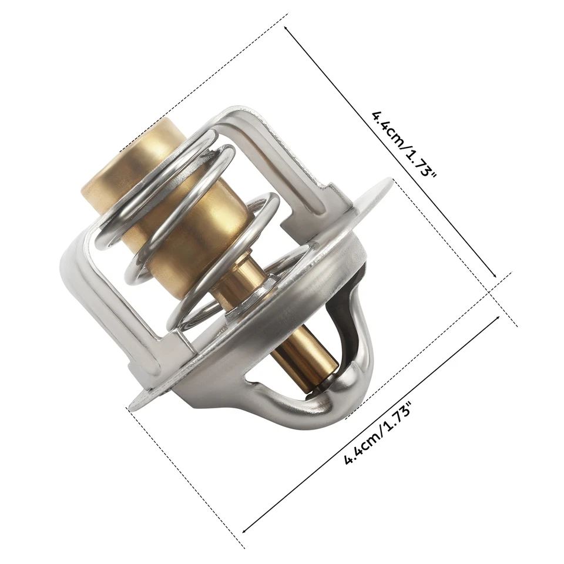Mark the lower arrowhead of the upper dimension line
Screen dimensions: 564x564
(496, 276)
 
